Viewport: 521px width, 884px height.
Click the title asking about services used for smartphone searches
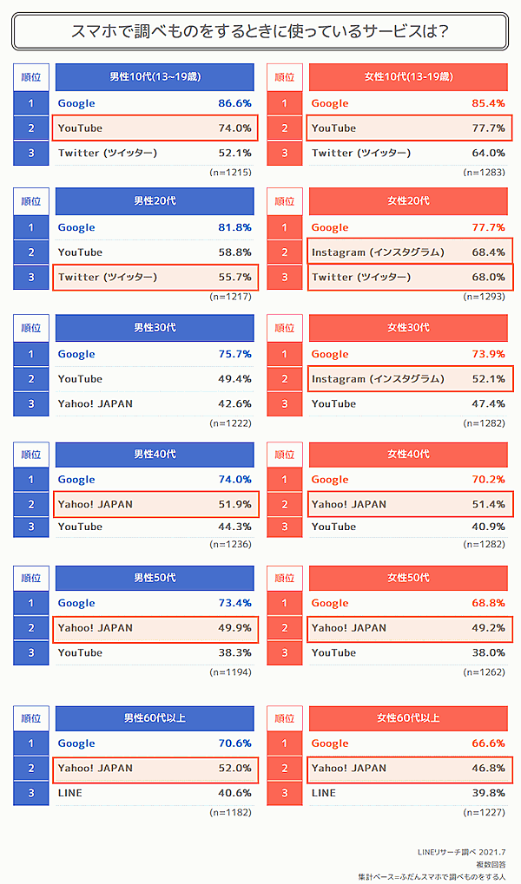[x=260, y=32]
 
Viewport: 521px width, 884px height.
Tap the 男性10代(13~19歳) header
[x=155, y=77]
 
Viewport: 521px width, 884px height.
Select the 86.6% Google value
[x=234, y=103]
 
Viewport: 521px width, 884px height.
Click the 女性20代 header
[x=408, y=201]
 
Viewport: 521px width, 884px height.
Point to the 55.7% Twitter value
[x=234, y=278]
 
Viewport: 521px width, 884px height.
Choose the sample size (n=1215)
[x=230, y=173]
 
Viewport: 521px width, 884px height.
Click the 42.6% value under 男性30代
[x=234, y=403]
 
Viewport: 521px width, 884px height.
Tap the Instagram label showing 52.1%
[x=378, y=379]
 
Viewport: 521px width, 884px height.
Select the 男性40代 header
[x=155, y=455]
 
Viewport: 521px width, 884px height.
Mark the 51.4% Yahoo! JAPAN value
[x=488, y=504]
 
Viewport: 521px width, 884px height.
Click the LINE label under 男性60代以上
[x=70, y=793]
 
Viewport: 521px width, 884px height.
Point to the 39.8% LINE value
[x=488, y=793]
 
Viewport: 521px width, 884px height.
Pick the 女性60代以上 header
[x=408, y=718]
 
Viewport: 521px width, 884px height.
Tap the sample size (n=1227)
[x=484, y=813]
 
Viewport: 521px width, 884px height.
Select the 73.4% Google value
[x=234, y=603]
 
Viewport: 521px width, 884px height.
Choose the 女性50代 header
[x=408, y=578]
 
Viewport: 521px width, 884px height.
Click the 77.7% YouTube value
[x=488, y=128]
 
